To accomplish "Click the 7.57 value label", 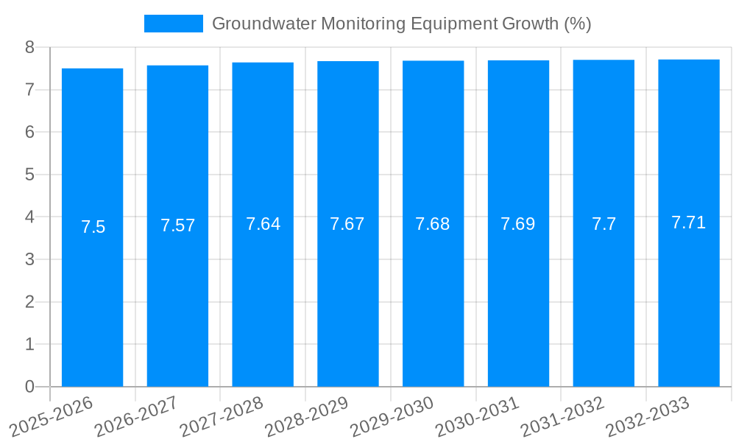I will point(178,225).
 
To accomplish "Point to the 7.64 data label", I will point(263,224).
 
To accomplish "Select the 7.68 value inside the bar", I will point(433,224).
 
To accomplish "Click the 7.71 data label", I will point(689,222).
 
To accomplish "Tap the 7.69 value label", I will point(518,224).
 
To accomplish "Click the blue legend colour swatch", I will point(173,24).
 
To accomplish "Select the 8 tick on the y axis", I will point(29,47).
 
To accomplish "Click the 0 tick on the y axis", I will point(29,386).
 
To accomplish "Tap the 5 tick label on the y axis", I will point(29,175).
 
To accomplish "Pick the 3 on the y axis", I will point(29,259).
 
